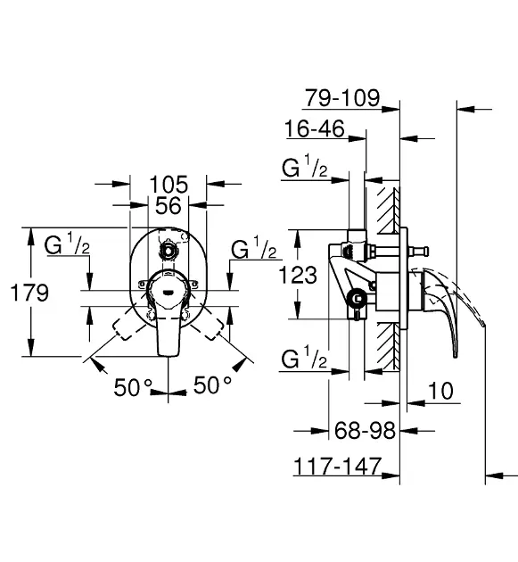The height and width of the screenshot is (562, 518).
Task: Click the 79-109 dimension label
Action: click(x=341, y=97)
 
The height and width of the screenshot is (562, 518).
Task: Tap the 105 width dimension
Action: click(x=169, y=184)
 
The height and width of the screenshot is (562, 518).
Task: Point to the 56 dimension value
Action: click(x=169, y=205)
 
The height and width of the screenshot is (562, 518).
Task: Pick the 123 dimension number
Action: click(x=297, y=275)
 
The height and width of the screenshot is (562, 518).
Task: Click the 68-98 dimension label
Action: click(x=365, y=431)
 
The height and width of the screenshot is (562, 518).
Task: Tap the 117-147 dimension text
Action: click(x=338, y=465)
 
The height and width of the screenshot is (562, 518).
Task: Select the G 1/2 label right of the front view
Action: click(x=253, y=249)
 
